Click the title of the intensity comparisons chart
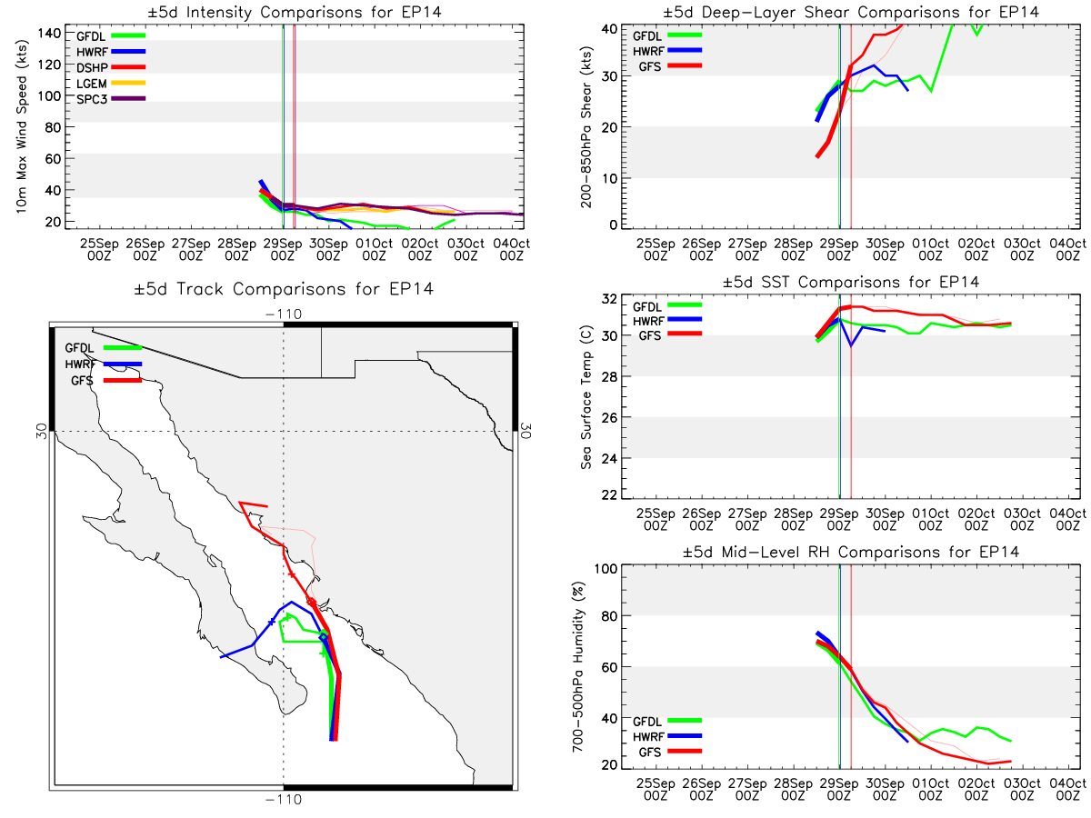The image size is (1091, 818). coord(295,12)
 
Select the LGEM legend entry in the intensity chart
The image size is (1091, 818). coord(111,84)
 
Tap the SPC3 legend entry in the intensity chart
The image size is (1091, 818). coord(111,99)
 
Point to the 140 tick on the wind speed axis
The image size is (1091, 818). coord(49,34)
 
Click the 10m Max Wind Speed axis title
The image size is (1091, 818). coord(22,127)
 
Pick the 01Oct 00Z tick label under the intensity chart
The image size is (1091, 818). coord(374,249)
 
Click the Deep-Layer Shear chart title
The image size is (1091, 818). coord(850,12)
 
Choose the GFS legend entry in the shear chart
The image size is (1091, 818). coord(669,66)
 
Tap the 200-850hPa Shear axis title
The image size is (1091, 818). coord(586,127)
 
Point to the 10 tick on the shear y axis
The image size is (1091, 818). coord(609,178)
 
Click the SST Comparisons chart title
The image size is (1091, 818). coord(850,282)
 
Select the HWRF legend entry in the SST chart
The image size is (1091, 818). coord(667,320)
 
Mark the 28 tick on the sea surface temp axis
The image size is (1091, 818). coord(609,376)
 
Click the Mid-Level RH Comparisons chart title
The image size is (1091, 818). coord(850,552)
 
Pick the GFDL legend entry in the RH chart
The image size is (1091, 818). coord(667,721)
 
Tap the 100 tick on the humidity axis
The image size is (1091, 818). coord(606,568)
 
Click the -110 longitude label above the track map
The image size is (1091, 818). coord(284,314)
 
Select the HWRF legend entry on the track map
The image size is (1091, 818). coord(103,364)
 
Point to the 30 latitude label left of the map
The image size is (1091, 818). coord(42,431)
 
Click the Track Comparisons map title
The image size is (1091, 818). coord(284,288)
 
